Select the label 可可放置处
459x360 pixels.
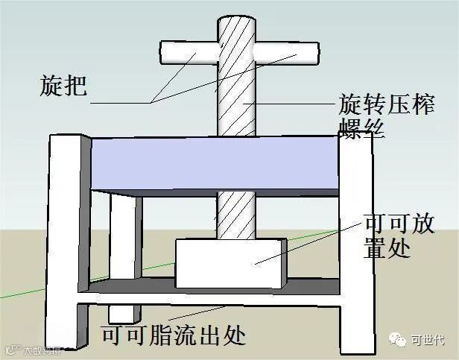(x=399, y=236)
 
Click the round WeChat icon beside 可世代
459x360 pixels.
(x=399, y=339)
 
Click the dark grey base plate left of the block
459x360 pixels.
(x=127, y=288)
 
